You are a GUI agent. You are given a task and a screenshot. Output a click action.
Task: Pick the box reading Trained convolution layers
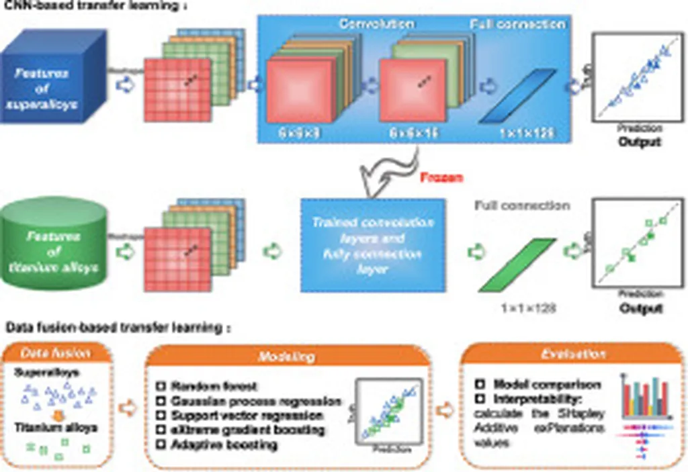pos(373,244)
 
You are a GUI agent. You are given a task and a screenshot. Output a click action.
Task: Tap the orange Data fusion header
pos(55,352)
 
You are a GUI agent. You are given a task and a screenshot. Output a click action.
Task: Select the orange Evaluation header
pos(573,354)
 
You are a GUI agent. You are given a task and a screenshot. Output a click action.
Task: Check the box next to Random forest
pos(161,386)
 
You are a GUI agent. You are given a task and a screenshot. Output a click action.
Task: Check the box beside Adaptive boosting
pos(161,444)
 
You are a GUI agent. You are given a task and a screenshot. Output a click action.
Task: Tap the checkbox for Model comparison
pos(480,385)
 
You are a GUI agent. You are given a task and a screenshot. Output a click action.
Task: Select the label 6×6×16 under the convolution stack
pos(414,133)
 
